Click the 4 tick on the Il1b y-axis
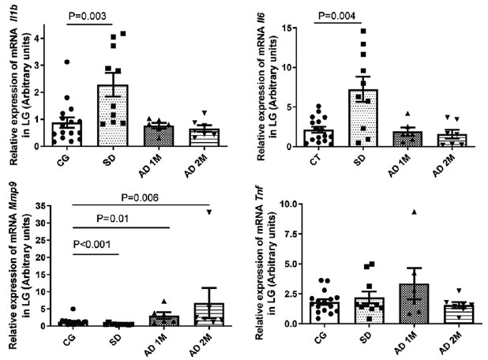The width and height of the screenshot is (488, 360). coord(51,36)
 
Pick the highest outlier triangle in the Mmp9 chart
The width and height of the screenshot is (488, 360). coord(208,211)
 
